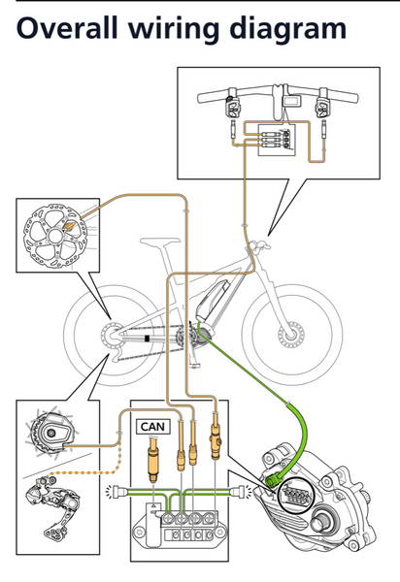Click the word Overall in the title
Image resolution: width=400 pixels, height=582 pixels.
67,28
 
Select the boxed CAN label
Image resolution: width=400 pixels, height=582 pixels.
153,427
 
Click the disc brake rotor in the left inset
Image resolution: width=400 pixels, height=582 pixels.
55,236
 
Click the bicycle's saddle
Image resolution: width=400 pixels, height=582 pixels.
159,242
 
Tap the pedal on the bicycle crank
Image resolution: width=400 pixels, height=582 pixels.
194,367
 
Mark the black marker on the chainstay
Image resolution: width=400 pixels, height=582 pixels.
148,339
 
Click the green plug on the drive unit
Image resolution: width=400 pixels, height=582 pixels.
273,481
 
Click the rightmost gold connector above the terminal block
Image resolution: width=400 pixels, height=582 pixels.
216,441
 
